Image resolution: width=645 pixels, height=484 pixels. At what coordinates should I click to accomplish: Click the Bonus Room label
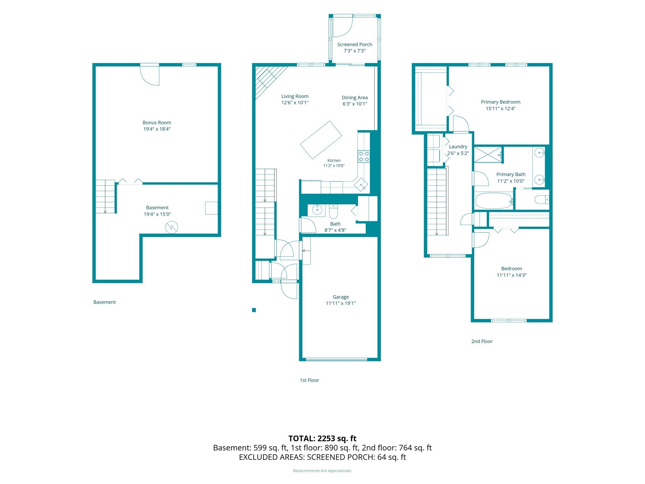(157, 123)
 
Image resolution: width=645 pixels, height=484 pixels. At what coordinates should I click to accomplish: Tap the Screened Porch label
(355, 44)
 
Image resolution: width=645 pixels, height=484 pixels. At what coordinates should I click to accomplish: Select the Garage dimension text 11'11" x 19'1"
(340, 303)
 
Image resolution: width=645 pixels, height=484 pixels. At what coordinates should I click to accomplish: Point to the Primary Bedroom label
(500, 102)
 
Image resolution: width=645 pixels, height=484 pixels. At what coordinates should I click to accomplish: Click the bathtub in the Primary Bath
(494, 201)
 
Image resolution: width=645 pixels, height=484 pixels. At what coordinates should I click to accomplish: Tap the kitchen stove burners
(364, 156)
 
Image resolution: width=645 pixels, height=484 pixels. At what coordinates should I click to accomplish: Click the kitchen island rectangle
(321, 140)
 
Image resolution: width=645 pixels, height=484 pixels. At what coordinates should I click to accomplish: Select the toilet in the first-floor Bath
(333, 211)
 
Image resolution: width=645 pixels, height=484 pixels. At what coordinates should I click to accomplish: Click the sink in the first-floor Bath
(317, 210)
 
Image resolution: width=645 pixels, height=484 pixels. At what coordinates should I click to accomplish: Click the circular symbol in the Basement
(172, 227)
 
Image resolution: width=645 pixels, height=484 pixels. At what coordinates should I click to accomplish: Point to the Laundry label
(458, 147)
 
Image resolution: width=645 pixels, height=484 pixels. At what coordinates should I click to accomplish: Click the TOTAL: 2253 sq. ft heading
(322, 438)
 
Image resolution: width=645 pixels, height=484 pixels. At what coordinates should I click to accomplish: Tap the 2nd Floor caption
(482, 341)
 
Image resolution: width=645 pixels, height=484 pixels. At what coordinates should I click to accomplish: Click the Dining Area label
(355, 98)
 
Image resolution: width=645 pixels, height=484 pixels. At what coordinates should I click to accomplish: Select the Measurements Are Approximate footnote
(322, 471)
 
